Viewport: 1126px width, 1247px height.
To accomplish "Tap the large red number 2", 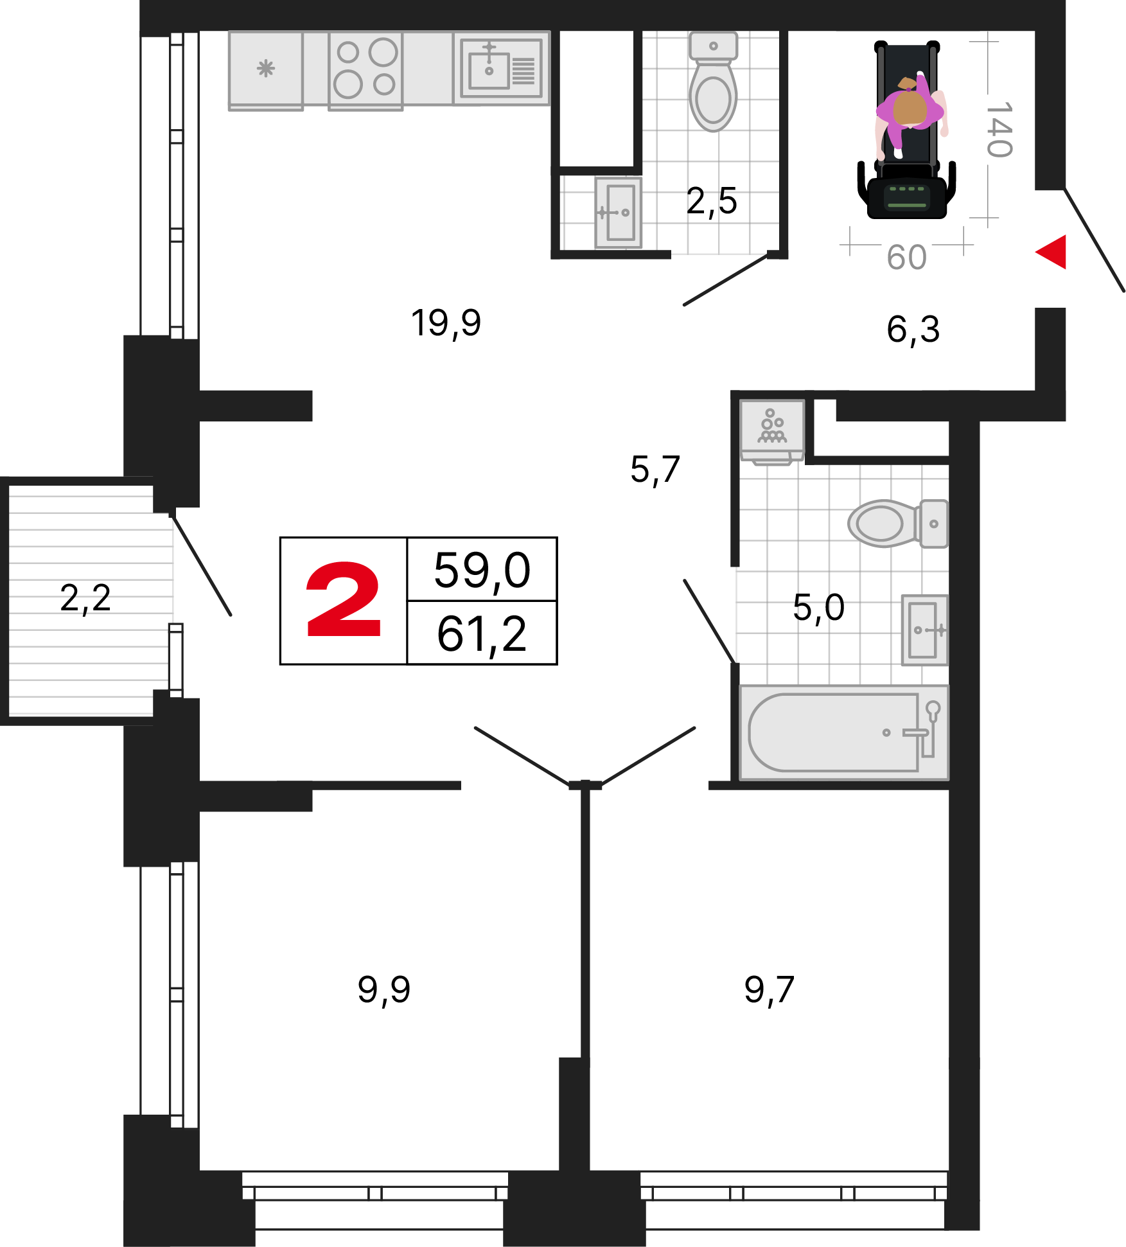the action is coord(344,599).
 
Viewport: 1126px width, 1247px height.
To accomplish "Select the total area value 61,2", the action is coord(482,634).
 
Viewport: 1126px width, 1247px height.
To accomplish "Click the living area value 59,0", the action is coord(482,570).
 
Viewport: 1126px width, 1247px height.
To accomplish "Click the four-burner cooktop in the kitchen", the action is coord(365,69).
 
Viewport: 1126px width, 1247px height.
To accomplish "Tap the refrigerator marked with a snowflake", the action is coord(266,70).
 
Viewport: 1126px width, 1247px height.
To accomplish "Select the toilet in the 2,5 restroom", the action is coord(713,82).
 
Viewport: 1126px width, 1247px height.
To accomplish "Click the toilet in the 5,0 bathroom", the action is coord(898,524).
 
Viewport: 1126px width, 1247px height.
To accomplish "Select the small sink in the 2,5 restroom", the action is coord(618,213).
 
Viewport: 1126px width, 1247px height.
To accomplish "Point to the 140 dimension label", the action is coord(999,129).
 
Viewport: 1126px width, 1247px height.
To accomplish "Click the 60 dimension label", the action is coord(906,258).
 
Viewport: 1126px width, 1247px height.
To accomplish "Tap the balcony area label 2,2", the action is coord(85,598).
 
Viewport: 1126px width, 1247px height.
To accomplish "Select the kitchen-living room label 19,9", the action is coord(446,323).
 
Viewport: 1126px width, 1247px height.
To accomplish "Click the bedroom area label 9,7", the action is coord(770,989).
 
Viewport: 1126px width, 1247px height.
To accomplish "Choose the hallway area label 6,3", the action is coord(913,330).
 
